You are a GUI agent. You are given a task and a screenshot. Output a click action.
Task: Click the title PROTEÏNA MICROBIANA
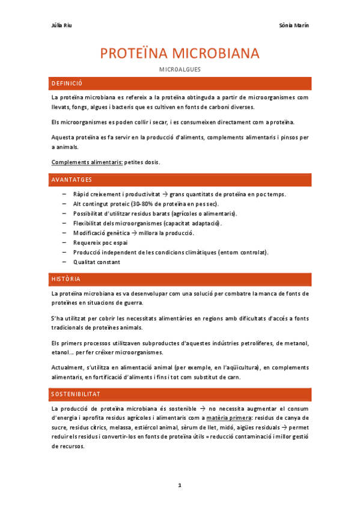(x=180, y=54)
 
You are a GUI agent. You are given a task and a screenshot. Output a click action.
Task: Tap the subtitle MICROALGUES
(x=180, y=70)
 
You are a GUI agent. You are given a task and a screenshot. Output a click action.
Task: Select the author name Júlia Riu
(x=62, y=25)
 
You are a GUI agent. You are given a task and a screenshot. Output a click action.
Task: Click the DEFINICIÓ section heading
(x=67, y=83)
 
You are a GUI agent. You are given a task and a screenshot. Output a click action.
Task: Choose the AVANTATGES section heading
(x=72, y=180)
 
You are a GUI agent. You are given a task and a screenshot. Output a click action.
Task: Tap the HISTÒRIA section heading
(x=66, y=279)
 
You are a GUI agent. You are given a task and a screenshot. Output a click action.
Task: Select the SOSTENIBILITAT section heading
(x=76, y=394)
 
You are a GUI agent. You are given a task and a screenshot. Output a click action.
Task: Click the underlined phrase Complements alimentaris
(x=87, y=162)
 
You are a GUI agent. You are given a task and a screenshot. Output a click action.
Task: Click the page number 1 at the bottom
(x=180, y=484)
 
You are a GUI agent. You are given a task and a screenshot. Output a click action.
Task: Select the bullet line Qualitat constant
(x=97, y=262)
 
